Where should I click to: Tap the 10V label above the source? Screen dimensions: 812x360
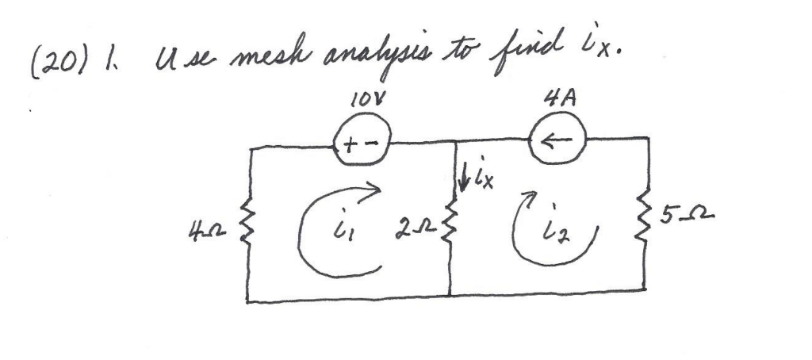pos(358,104)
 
